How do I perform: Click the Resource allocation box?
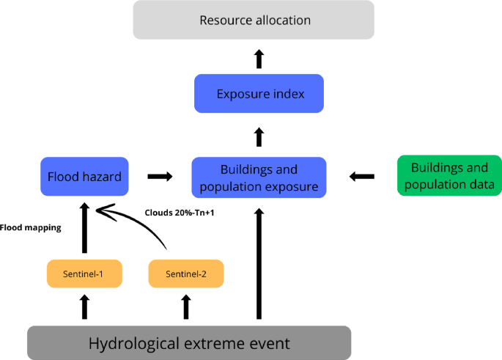(x=254, y=20)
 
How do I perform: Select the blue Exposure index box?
(x=259, y=93)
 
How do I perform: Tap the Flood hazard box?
(x=84, y=176)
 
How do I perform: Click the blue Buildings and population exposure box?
(x=258, y=177)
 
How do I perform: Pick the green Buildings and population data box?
(x=449, y=175)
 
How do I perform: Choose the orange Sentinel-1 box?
(x=84, y=273)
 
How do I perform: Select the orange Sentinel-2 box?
(x=185, y=273)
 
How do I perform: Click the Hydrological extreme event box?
(x=189, y=342)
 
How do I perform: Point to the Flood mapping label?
(x=31, y=227)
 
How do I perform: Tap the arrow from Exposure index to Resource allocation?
(x=259, y=59)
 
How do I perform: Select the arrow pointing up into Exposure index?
(x=259, y=136)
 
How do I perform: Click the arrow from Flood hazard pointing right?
(x=160, y=177)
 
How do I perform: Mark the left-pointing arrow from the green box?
(x=362, y=177)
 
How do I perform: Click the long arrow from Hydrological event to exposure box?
(x=259, y=264)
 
